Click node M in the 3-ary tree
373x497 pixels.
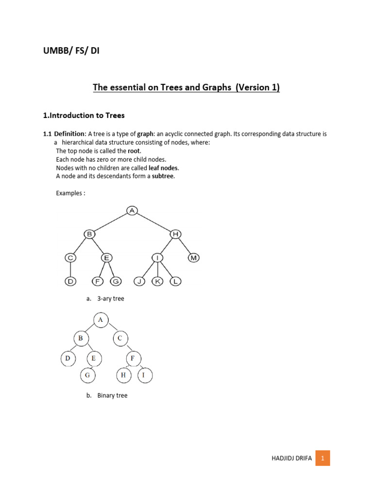coord(194,258)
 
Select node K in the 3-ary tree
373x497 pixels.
coord(157,282)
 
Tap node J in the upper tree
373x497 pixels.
coord(139,282)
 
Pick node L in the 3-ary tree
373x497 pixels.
coord(175,282)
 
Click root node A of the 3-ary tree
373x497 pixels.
coord(132,210)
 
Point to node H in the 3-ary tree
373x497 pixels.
coord(175,234)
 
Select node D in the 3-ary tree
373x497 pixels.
coord(70,282)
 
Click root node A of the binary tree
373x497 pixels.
coord(101,319)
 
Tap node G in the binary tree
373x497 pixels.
coord(88,375)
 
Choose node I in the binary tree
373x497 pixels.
coord(144,375)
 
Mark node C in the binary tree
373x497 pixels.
coord(120,338)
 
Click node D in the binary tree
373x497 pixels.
coord(68,359)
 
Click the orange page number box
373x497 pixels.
coord(322,458)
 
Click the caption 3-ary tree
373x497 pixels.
coord(111,298)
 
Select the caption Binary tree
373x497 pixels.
coord(112,396)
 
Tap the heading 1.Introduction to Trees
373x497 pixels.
coord(84,116)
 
